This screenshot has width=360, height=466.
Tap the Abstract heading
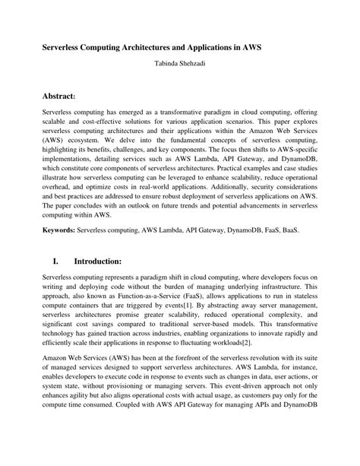coord(69,95)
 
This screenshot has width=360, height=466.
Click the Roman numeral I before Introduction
coord(55,261)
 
